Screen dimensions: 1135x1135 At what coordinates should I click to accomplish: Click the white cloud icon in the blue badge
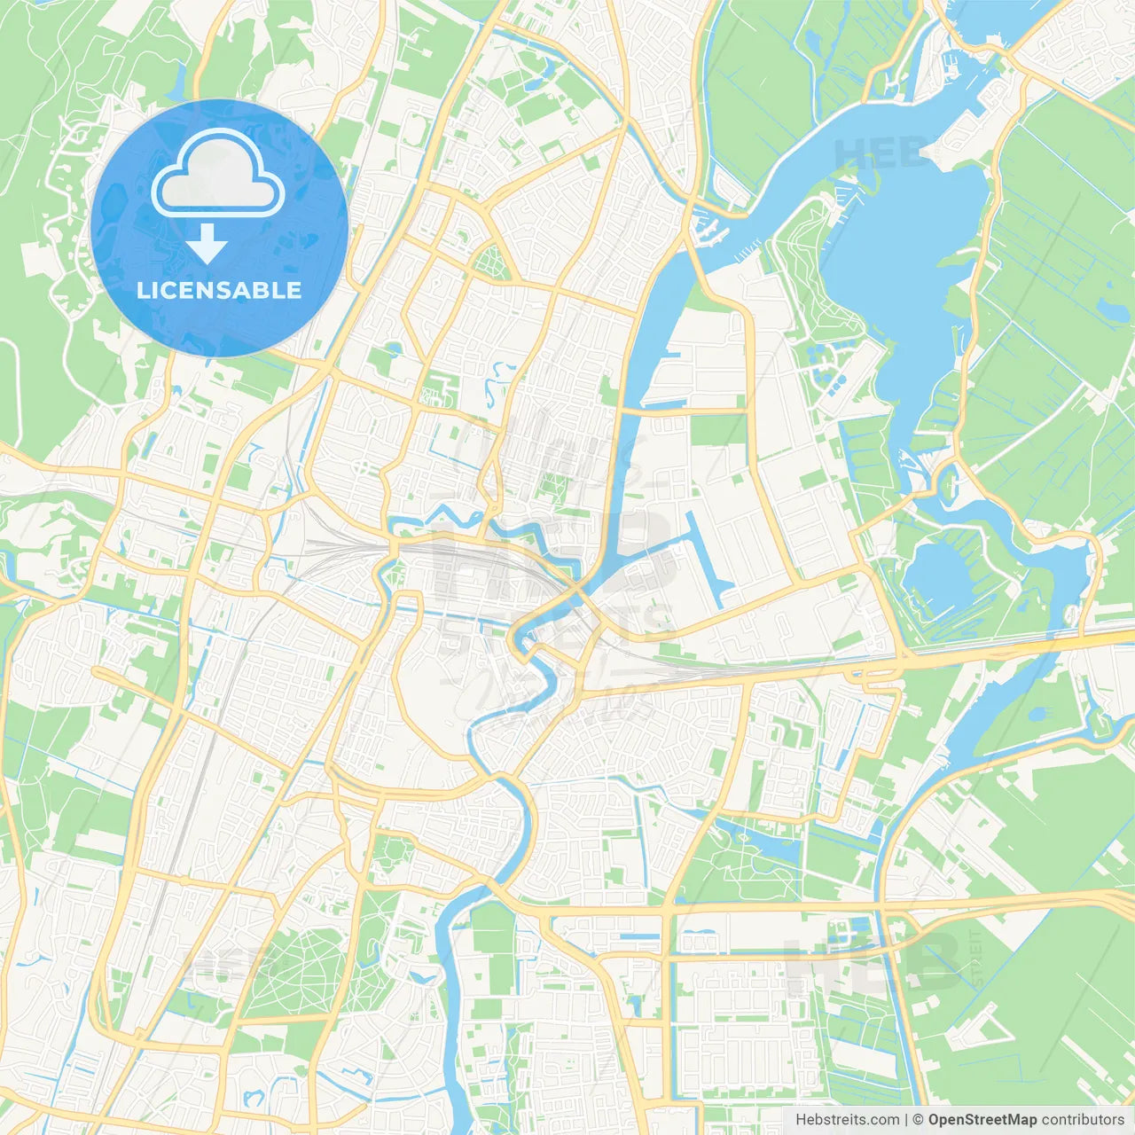point(218,174)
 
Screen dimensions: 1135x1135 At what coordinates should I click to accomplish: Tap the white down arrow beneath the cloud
point(207,243)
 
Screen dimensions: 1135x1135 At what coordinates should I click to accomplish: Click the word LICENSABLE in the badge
point(219,290)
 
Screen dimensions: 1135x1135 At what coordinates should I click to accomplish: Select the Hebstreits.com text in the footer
point(848,1120)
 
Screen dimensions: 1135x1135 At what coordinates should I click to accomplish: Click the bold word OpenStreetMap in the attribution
point(982,1120)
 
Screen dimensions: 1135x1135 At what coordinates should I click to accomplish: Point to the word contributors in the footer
point(1083,1120)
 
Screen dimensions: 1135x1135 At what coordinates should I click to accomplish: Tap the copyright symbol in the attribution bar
point(919,1120)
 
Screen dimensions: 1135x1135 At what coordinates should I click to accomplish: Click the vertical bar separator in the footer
point(906,1120)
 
